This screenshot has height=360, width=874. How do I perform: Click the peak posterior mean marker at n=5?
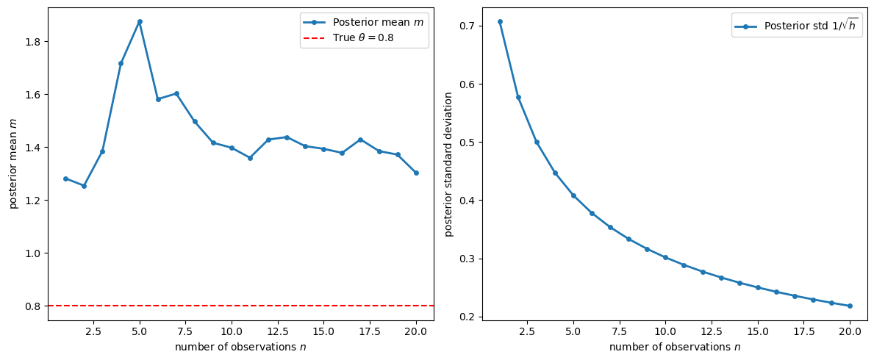click(x=140, y=22)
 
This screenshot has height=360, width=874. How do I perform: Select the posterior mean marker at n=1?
click(x=65, y=179)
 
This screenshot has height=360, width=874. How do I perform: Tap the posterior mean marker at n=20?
click(x=416, y=173)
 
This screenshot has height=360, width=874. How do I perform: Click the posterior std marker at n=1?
click(x=500, y=22)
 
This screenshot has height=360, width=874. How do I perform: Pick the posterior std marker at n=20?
click(x=850, y=306)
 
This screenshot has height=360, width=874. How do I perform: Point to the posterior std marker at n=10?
click(x=665, y=257)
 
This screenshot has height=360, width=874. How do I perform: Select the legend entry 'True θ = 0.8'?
click(x=363, y=37)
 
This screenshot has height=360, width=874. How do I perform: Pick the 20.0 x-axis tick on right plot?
click(x=850, y=331)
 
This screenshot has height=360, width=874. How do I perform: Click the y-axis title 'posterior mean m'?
click(x=13, y=165)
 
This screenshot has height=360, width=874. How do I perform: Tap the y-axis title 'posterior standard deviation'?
click(x=449, y=165)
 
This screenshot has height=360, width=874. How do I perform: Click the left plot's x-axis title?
click(x=240, y=346)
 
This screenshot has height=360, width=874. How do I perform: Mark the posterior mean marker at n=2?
click(x=84, y=186)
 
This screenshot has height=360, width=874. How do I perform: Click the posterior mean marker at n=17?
click(x=360, y=140)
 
